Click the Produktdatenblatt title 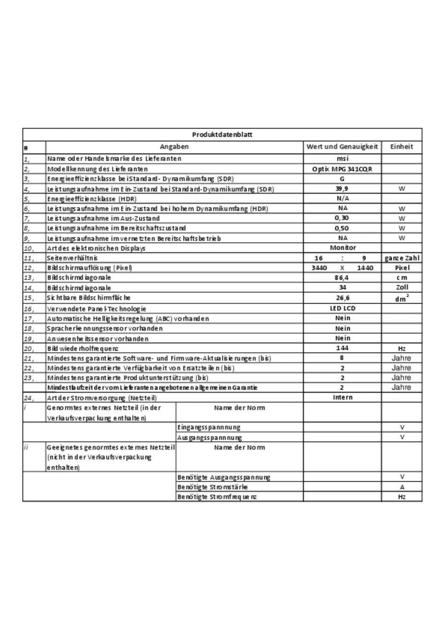222,135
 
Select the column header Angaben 174,146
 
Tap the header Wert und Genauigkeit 342,146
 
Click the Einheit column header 402,146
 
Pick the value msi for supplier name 342,159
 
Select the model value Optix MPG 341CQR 342,169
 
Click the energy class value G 342,179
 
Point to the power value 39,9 342,189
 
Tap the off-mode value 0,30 342,218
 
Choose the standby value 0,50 342,228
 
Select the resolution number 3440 319,268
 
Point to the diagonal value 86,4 342,277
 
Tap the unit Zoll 402,287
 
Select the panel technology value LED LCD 343,308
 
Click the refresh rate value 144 342,348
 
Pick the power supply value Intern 343,397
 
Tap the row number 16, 29,309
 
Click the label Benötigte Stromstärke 213,487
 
